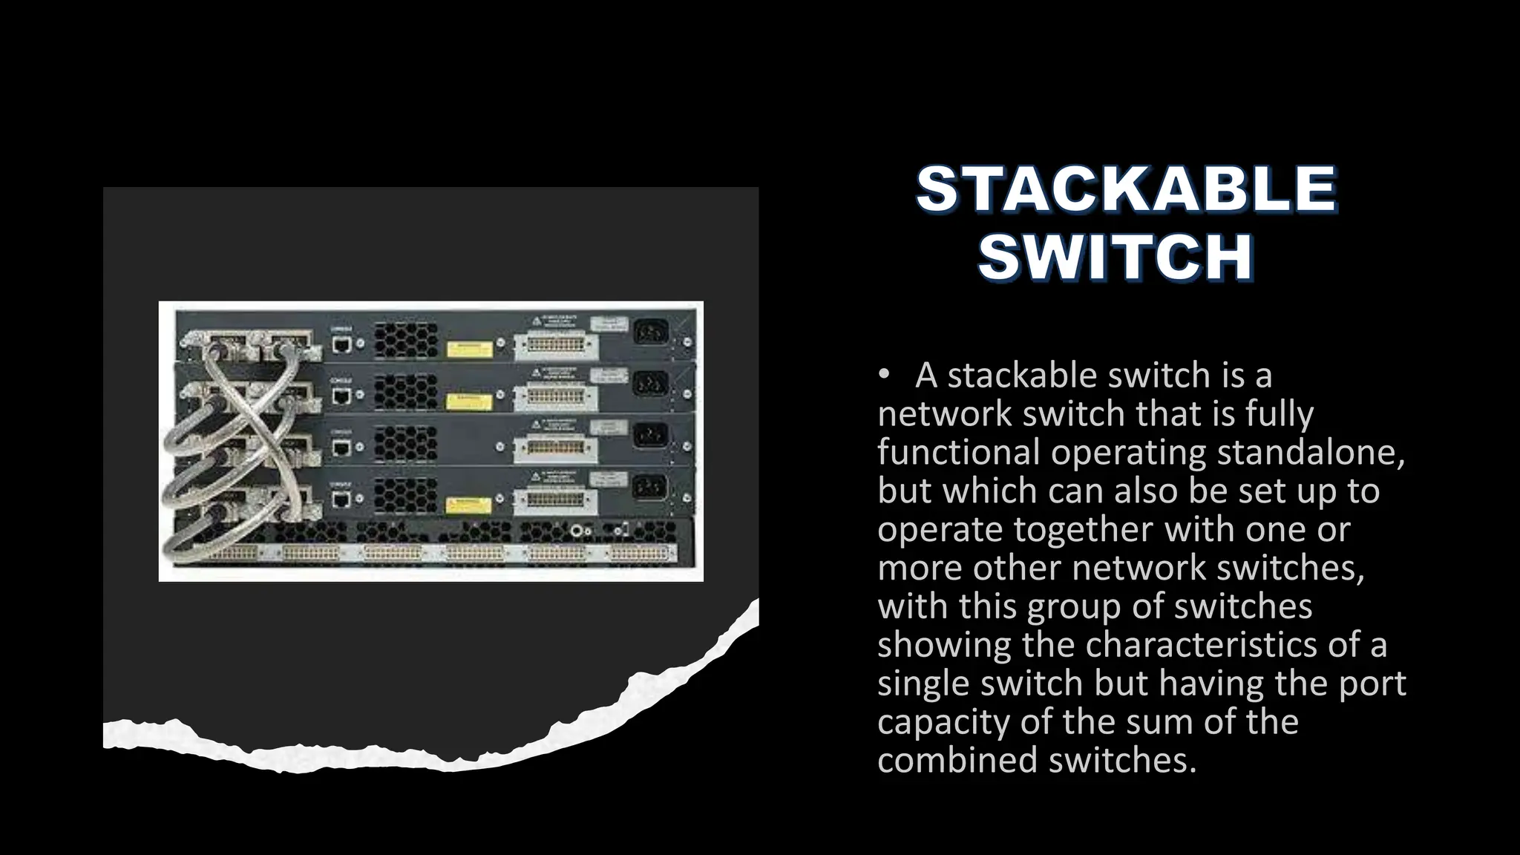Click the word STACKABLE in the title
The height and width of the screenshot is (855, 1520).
click(x=1126, y=189)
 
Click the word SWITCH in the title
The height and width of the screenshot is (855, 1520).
click(x=1116, y=258)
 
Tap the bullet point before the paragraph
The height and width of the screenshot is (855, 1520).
click(x=883, y=376)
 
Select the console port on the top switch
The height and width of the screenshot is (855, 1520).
click(x=341, y=344)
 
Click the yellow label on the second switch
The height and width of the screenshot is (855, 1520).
click(x=469, y=402)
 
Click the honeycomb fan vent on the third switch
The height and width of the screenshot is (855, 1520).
click(x=406, y=443)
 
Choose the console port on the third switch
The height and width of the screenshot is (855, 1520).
click(x=341, y=447)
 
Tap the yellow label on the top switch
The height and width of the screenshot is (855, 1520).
click(x=469, y=349)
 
